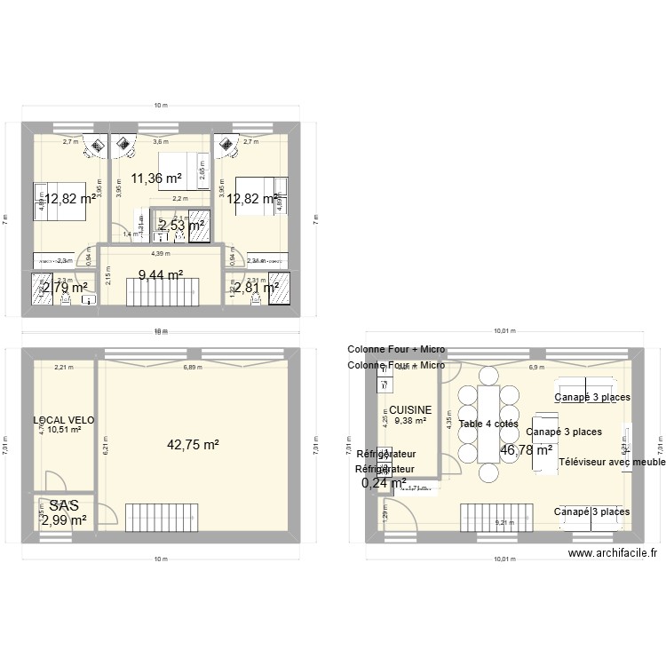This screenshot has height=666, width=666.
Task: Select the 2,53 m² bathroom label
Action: (182, 226)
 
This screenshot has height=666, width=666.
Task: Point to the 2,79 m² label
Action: (65, 288)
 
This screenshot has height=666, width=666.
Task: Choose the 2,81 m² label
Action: (256, 288)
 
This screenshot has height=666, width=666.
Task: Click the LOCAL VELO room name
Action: (64, 420)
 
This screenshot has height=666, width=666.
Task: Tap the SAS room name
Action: (64, 504)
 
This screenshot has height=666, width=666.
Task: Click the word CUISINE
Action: (410, 410)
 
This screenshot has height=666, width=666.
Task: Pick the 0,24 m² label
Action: (384, 484)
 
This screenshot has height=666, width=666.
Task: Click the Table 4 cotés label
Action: (488, 424)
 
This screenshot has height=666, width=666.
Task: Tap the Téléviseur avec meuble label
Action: (612, 462)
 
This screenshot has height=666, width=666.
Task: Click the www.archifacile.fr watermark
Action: (613, 553)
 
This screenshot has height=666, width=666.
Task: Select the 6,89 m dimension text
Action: (192, 367)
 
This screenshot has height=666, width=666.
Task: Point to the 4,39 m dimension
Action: (160, 254)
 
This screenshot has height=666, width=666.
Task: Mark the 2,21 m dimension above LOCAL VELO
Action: (63, 367)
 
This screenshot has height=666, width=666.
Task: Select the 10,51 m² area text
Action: (64, 431)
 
